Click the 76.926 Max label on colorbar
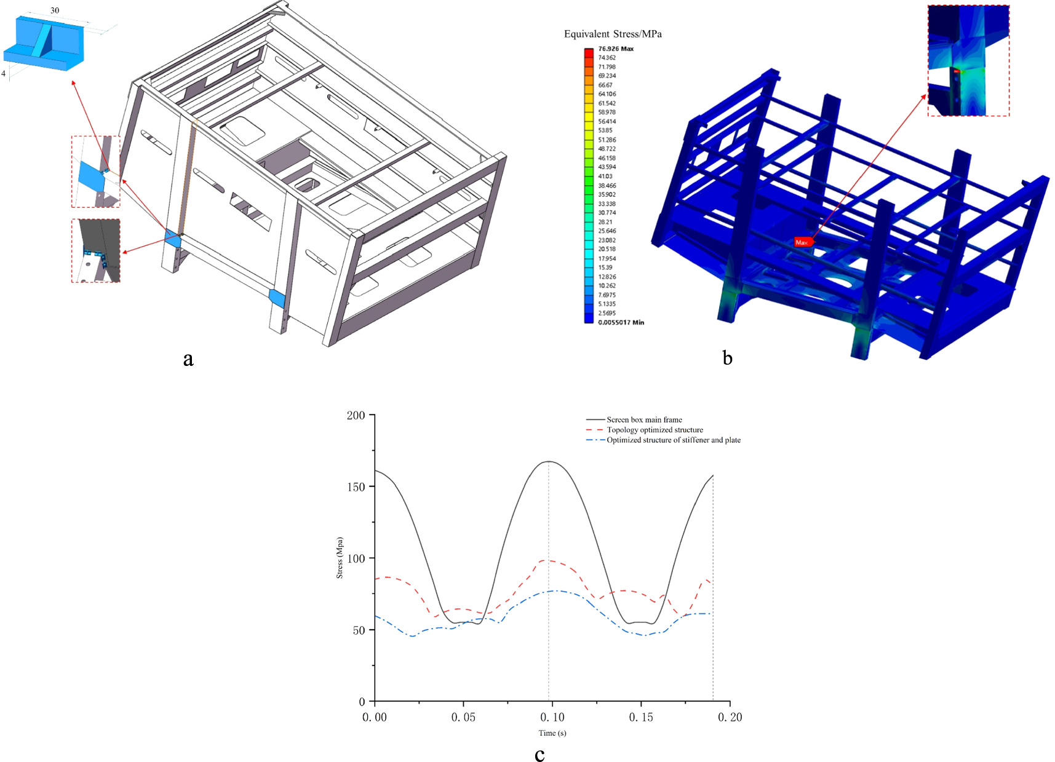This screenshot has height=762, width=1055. (x=615, y=49)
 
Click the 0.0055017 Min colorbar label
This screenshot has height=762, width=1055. (x=620, y=322)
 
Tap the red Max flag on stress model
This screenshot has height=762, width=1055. (x=802, y=242)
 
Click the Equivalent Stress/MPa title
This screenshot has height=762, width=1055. (x=613, y=34)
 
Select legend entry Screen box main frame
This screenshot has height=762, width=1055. (x=643, y=419)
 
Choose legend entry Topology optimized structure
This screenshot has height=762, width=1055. (x=654, y=430)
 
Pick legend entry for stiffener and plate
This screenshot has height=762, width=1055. (x=673, y=440)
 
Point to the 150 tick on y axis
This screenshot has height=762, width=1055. (x=356, y=486)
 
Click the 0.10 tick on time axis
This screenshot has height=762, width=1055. (x=552, y=717)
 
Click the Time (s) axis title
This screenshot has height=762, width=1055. (x=552, y=733)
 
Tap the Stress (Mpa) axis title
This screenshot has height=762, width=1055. (x=340, y=558)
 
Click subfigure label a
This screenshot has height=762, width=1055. (x=188, y=359)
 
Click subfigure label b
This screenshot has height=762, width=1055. (x=727, y=358)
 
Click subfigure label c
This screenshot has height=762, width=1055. (x=539, y=755)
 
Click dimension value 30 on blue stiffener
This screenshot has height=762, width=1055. (x=55, y=10)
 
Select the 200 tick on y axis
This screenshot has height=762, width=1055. (x=356, y=415)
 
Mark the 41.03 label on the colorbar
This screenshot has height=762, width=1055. (x=605, y=177)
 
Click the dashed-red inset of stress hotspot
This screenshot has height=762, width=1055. (x=968, y=60)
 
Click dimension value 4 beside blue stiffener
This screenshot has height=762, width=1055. (x=4, y=73)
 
